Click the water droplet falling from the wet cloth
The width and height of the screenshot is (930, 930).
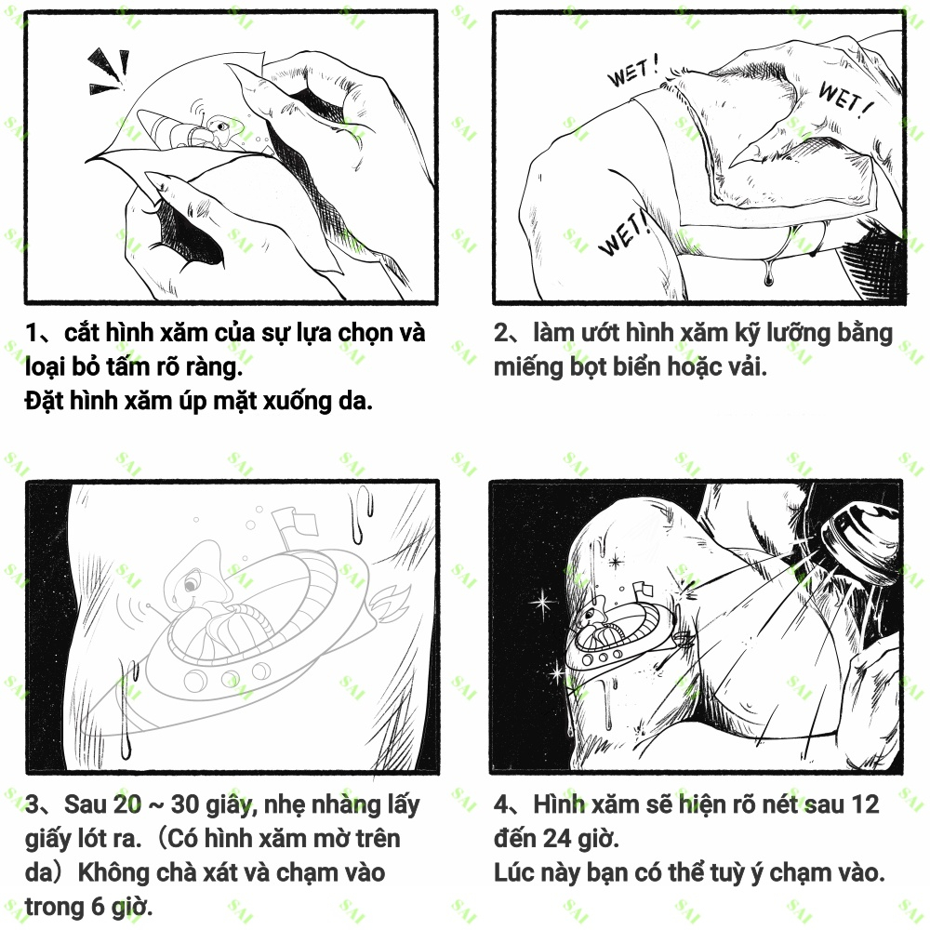tap(769, 276)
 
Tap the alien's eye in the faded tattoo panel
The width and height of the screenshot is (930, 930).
tap(191, 586)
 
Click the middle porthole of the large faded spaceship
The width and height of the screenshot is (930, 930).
tap(230, 677)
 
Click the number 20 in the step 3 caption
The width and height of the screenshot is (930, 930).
tap(127, 804)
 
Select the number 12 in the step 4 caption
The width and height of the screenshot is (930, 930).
tap(865, 804)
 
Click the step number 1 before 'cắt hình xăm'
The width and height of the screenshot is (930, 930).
tap(32, 333)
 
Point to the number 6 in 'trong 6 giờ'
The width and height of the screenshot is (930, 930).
tap(99, 907)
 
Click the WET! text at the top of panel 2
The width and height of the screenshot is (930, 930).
tap(632, 71)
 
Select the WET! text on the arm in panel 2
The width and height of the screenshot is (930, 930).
tap(624, 233)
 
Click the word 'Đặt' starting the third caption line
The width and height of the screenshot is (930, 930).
tap(44, 401)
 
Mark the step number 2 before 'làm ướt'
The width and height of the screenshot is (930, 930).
tap(501, 333)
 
